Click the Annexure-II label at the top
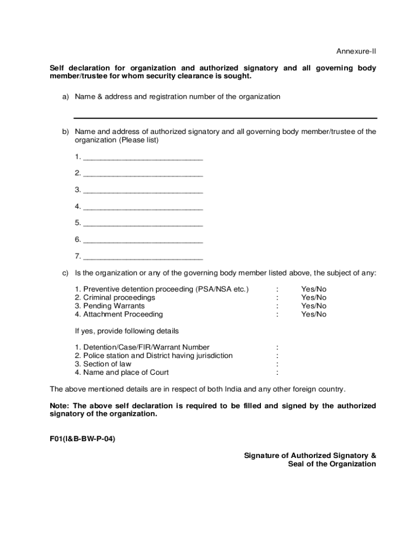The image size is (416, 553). (356, 51)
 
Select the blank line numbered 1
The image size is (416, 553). (143, 158)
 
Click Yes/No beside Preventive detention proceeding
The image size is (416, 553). (313, 289)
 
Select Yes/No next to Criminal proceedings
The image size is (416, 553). (313, 298)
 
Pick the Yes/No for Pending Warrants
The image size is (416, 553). (313, 306)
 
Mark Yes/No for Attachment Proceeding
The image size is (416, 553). (313, 314)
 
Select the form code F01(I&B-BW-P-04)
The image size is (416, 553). (82, 439)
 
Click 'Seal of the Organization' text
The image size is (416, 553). (332, 464)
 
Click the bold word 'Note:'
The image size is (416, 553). (60, 406)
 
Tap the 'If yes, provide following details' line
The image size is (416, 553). (126, 331)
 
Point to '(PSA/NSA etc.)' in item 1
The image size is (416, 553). (222, 289)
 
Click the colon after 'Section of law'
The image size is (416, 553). (277, 364)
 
